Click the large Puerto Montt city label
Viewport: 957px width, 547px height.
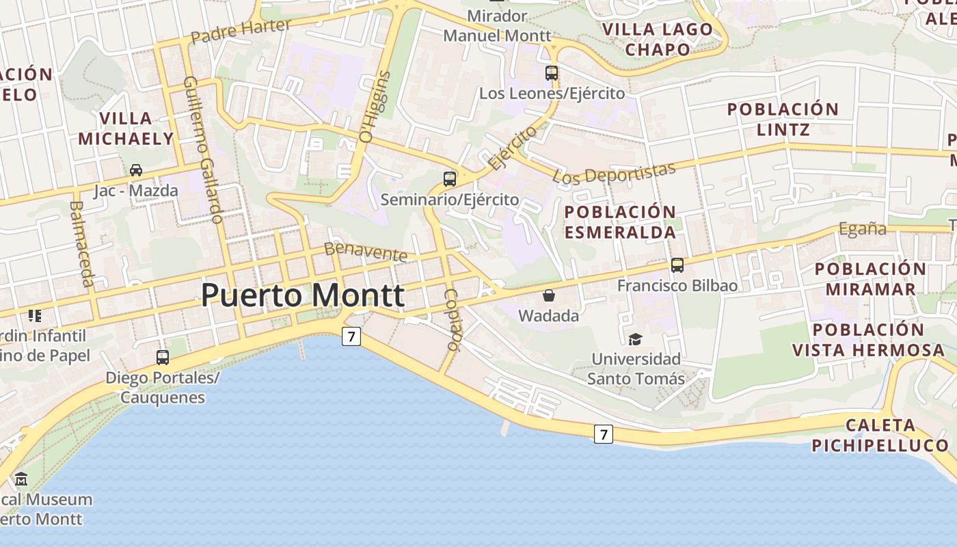(x=302, y=295)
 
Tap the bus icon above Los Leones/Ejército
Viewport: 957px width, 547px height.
(x=552, y=72)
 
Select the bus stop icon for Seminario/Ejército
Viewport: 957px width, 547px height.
(x=449, y=179)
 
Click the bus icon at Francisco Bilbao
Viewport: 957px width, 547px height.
(x=677, y=265)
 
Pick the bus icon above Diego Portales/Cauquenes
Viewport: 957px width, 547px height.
(x=163, y=357)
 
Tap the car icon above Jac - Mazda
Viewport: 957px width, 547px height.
(x=136, y=170)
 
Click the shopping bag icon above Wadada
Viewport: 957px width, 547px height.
(x=548, y=295)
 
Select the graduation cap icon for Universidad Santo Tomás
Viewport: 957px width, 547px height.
(x=636, y=338)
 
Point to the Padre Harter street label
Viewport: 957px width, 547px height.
(x=241, y=31)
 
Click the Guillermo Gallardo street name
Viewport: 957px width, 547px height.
(x=204, y=150)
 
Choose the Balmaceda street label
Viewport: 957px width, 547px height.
(x=81, y=243)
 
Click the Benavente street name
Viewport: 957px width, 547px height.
(x=366, y=252)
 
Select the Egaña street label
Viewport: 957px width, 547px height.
(x=863, y=229)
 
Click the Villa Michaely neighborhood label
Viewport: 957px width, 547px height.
(x=126, y=129)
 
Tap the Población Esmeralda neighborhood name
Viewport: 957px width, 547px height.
(x=620, y=222)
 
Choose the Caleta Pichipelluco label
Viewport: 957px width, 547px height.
(x=880, y=436)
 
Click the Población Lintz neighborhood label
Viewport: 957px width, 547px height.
(x=783, y=119)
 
